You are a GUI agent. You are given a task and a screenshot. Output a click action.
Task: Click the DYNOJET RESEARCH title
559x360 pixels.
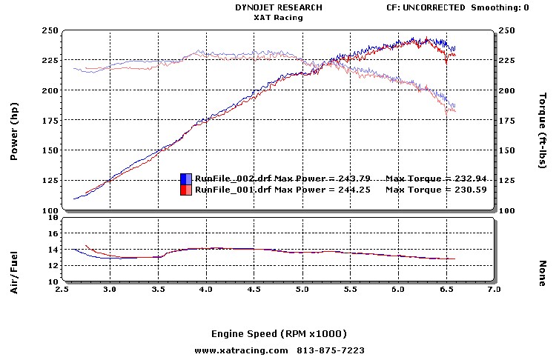(x=279, y=7)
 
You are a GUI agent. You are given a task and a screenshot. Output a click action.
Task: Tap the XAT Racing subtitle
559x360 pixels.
(x=279, y=18)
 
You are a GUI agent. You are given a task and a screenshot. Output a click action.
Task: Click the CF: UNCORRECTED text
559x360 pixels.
(x=426, y=7)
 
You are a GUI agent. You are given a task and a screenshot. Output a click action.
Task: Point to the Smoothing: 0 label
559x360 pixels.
(x=500, y=7)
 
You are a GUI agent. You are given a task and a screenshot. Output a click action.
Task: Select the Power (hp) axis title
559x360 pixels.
(x=14, y=131)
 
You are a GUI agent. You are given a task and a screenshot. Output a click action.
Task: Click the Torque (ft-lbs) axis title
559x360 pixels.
(x=542, y=130)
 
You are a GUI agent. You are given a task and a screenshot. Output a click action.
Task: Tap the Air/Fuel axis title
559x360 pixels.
(x=14, y=273)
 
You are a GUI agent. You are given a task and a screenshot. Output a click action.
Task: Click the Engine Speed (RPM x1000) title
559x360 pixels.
(x=279, y=334)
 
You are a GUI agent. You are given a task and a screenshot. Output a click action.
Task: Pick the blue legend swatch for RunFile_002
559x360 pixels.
(x=186, y=179)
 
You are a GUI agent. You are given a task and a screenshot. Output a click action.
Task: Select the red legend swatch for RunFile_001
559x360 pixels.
(x=186, y=190)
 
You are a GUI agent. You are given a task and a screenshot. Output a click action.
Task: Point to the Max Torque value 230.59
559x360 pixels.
(x=470, y=190)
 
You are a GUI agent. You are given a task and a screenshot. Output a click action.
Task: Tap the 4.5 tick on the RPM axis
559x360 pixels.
(x=254, y=289)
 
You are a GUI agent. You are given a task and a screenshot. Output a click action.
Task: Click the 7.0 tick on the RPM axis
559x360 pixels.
(x=494, y=289)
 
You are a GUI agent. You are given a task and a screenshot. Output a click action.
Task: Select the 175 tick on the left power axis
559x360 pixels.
(x=50, y=120)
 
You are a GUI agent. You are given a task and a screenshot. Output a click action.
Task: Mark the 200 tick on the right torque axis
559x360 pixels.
(x=506, y=90)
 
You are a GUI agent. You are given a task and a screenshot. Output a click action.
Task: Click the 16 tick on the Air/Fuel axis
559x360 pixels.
(x=53, y=233)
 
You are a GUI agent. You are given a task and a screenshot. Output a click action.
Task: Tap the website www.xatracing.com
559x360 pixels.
(x=242, y=351)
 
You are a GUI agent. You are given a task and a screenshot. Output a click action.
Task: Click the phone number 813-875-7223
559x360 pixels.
(x=331, y=351)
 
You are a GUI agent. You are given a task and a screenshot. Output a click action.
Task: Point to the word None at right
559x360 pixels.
(x=542, y=273)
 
